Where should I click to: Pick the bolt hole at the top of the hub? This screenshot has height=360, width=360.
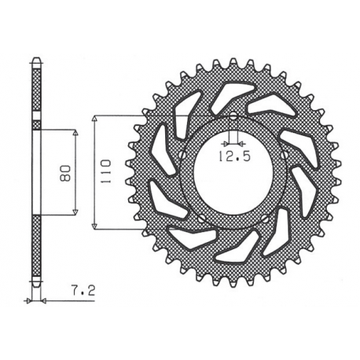tap(234, 116)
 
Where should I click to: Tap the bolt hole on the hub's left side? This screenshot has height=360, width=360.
tap(183, 155)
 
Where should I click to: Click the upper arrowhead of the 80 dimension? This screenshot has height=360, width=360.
tap(75, 134)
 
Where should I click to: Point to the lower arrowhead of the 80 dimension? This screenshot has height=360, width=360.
tap(75, 210)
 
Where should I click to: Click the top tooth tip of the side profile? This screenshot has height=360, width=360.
tap(35, 60)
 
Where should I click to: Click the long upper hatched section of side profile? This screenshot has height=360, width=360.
tap(35, 90)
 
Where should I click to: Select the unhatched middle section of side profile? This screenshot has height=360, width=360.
tap(35, 172)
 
